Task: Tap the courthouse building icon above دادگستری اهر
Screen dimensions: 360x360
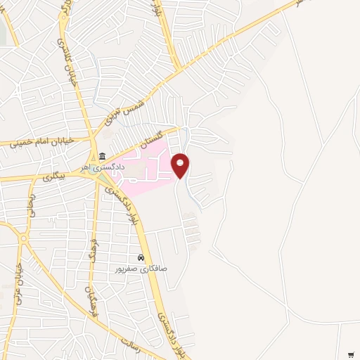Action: (x=103, y=156)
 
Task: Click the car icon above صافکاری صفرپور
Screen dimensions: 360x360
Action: (x=141, y=258)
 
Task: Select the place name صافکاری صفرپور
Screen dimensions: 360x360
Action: (x=140, y=269)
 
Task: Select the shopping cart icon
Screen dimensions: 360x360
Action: (x=350, y=354)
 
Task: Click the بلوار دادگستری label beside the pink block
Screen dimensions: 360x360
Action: (x=133, y=208)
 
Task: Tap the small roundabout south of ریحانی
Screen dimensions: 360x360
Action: (x=22, y=239)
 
